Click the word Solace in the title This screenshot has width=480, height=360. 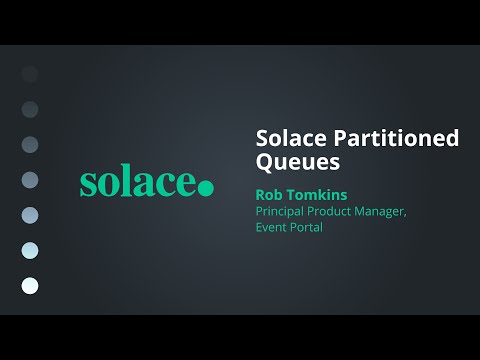point(287,138)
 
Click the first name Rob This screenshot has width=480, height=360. point(271,197)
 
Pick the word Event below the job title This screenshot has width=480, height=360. point(273,227)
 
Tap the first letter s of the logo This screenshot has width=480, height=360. point(88,185)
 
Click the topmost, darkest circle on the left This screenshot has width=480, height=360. point(30,73)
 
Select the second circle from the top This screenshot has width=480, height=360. point(30,108)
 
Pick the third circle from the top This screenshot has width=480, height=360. point(30,144)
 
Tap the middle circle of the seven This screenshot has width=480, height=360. point(30,180)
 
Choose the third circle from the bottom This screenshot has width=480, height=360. point(30,215)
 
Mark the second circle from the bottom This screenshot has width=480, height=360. point(30,250)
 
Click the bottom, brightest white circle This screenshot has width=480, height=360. point(30,286)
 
